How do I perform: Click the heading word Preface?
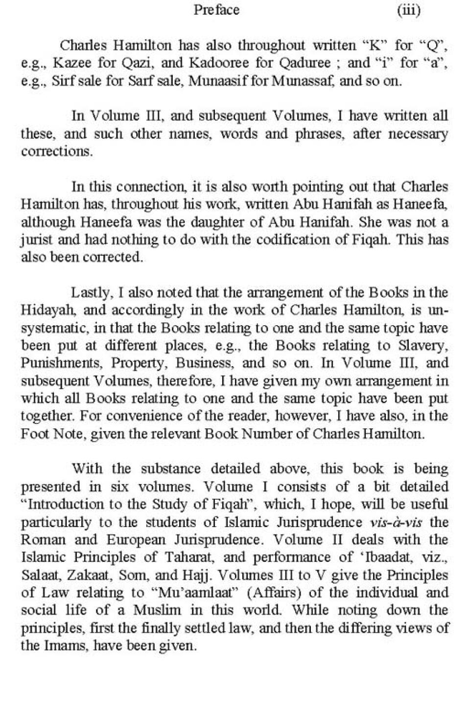click(x=216, y=10)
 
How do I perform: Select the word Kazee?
click(x=70, y=63)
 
